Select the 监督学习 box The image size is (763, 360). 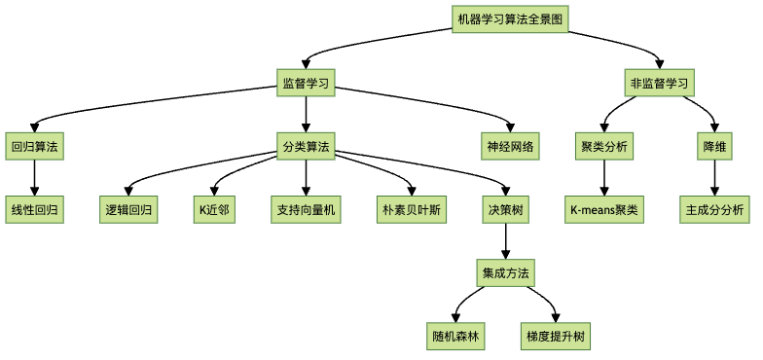[307, 84]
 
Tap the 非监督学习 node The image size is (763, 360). [660, 84]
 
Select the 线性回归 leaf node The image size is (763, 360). [34, 209]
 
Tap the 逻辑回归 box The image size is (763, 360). [129, 209]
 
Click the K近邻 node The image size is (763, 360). [214, 209]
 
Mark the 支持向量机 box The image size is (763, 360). [307, 209]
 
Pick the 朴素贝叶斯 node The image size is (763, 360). [412, 209]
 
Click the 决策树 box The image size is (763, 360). [506, 209]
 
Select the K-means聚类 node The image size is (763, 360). [604, 209]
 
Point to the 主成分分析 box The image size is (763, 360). [715, 209]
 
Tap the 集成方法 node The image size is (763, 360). [506, 273]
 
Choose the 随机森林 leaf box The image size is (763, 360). [457, 337]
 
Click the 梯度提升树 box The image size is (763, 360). [555, 337]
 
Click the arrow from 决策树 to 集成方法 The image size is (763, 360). [506, 241]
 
